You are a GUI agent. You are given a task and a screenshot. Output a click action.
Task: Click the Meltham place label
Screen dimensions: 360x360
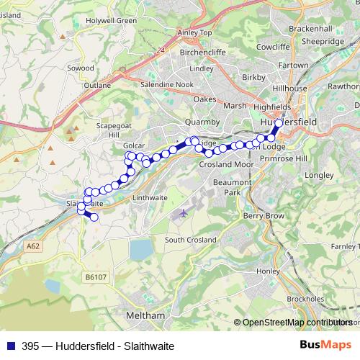145,315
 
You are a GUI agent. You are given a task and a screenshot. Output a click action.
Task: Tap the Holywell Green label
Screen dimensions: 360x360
112,21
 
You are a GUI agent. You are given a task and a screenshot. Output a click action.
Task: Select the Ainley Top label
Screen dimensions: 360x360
195,33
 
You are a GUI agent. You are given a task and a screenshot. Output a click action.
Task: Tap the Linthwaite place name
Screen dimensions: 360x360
150,197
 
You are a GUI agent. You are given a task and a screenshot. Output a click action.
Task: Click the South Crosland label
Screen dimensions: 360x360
191,240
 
